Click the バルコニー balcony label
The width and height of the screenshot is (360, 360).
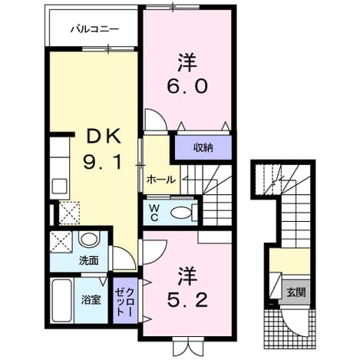click(x=94, y=29)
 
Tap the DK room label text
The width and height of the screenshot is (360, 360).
click(x=104, y=137)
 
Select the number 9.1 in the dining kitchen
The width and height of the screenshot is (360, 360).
click(x=103, y=162)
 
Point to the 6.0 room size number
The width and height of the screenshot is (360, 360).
click(x=187, y=86)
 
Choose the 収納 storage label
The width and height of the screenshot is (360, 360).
click(x=203, y=147)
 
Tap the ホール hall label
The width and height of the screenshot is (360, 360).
click(x=161, y=180)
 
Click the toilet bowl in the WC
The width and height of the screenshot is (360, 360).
click(x=181, y=213)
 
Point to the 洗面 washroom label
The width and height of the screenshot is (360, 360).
click(x=89, y=261)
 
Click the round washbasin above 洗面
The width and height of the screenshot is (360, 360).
click(x=89, y=239)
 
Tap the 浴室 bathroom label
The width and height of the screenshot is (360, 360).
click(x=91, y=299)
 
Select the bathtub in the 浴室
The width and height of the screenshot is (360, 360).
click(x=61, y=300)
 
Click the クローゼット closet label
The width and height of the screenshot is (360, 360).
click(x=125, y=302)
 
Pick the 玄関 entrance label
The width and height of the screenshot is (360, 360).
click(x=296, y=292)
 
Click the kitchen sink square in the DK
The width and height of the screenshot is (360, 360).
click(x=59, y=186)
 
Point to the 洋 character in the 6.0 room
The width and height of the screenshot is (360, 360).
click(x=187, y=63)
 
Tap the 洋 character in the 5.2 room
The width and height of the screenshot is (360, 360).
click(x=187, y=276)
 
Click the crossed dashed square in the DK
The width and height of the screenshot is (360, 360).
click(x=69, y=213)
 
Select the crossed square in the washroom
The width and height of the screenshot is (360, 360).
click(x=61, y=242)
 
